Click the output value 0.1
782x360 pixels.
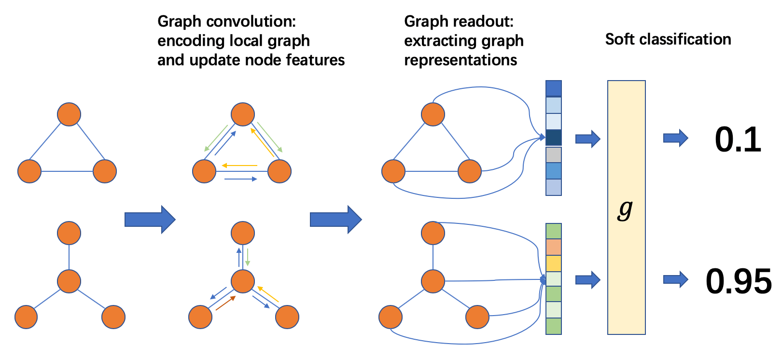point(738,140)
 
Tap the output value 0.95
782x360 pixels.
point(739,281)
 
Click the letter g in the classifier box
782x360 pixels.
point(625,209)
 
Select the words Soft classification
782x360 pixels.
point(668,40)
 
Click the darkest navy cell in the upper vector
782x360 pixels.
point(553,138)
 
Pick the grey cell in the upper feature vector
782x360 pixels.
point(553,155)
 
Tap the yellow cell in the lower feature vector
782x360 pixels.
point(553,263)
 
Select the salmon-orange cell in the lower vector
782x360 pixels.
point(553,247)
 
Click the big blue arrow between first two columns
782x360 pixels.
point(150,220)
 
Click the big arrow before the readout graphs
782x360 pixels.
point(335,220)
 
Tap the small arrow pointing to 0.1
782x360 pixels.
point(675,138)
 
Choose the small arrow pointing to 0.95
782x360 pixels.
point(675,279)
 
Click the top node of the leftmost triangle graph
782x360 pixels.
point(69,114)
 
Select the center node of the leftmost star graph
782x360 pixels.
point(69,281)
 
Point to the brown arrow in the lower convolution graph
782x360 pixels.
point(225,303)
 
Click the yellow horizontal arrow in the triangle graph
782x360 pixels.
point(239,166)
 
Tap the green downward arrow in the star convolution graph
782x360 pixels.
point(248,257)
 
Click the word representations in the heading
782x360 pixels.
point(461,60)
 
